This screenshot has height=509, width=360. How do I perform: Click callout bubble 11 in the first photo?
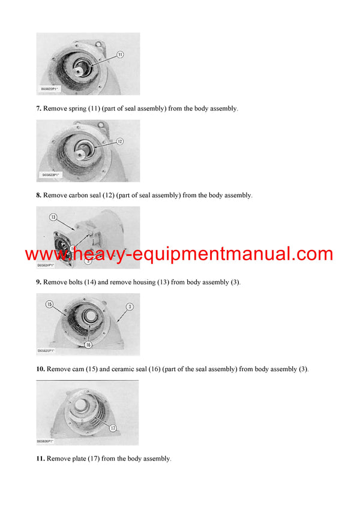pos(120,54)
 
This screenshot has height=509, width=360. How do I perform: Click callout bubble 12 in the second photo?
pos(120,141)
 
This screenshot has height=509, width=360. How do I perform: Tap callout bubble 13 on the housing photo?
pos(53,217)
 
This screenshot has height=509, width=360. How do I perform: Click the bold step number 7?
pos(39,109)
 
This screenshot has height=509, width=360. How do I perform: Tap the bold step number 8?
pos(39,195)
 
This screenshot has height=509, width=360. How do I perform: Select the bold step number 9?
pos(39,282)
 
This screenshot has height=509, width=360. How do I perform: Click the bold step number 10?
pos(41,369)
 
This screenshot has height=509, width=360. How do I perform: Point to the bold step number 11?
pos(41,459)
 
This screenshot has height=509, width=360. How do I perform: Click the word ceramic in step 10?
pos(122,369)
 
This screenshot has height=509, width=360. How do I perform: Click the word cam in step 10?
pos(78,369)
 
